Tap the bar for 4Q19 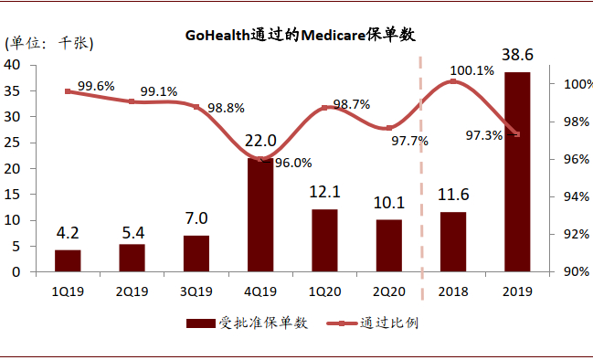(x=260, y=215)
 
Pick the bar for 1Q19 (x=68, y=260)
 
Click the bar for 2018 (x=453, y=241)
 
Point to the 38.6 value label (x=517, y=56)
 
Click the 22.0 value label (x=260, y=143)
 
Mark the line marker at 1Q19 (x=68, y=91)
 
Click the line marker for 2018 (x=453, y=81)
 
